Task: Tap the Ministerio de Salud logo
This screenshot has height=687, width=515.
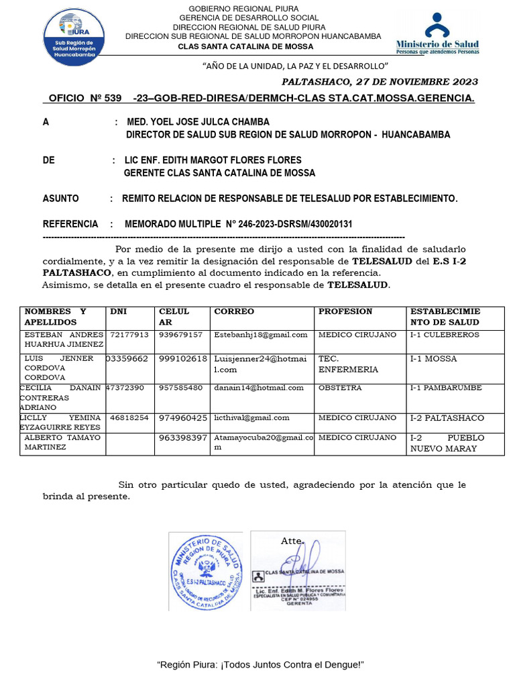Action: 437,34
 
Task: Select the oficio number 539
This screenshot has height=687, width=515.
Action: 112,99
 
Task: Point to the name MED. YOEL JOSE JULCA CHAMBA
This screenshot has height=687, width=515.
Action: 198,122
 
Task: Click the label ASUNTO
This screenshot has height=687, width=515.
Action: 61,199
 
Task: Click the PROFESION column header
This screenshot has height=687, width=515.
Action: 345,311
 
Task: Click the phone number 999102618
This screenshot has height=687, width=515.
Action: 183,359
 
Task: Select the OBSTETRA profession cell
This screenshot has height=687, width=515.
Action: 340,388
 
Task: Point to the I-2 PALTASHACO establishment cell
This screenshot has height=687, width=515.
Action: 447,418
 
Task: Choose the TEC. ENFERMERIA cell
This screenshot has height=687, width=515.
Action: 348,364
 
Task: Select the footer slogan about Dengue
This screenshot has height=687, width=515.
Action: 260,664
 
